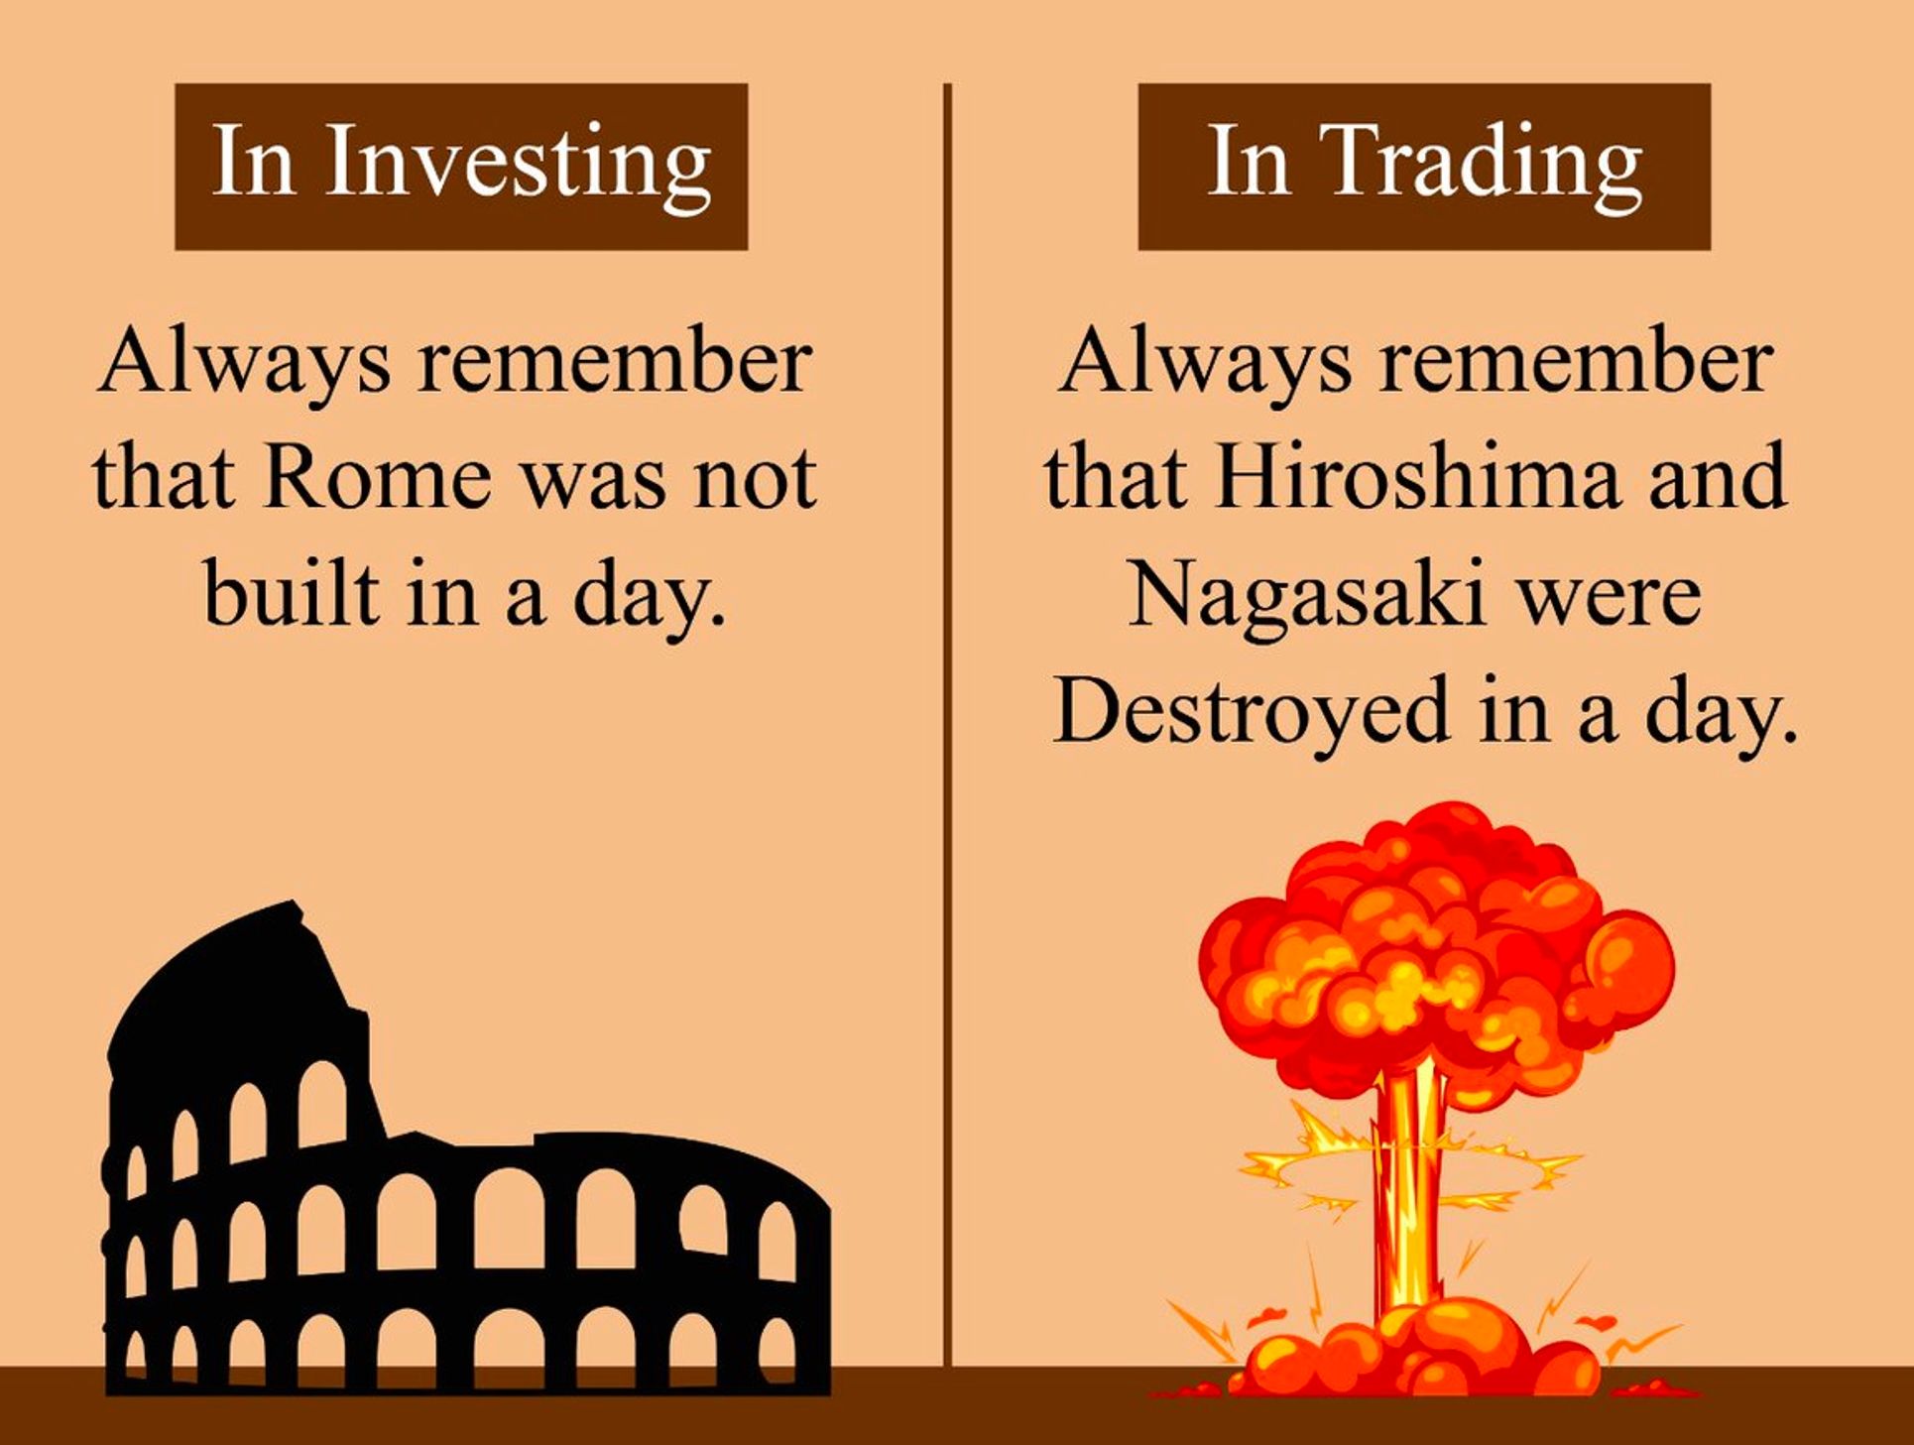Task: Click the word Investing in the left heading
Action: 518,162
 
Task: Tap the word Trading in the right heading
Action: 1486,162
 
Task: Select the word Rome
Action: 377,478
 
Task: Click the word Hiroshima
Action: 1420,478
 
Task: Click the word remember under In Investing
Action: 615,361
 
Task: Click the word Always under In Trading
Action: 1204,361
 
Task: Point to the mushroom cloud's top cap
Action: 1434,952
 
